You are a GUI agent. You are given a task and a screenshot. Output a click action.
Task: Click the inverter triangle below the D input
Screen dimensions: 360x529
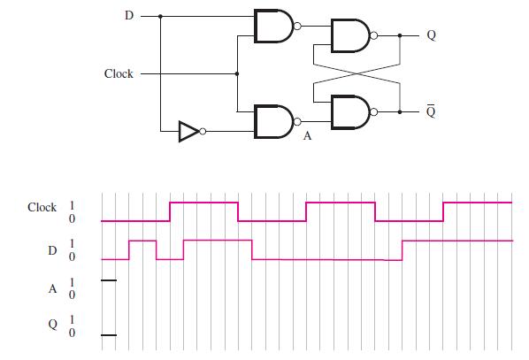pyautogui.click(x=188, y=132)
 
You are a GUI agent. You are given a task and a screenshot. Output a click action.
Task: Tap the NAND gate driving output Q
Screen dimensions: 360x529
pyautogui.click(x=349, y=36)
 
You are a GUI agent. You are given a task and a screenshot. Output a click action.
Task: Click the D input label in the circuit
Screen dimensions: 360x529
pyautogui.click(x=127, y=16)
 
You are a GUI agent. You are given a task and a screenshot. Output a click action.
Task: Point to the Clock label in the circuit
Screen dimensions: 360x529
pyautogui.click(x=119, y=73)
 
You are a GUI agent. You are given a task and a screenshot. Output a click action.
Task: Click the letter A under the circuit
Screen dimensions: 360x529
pyautogui.click(x=308, y=138)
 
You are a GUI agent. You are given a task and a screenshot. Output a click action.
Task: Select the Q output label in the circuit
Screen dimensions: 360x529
pyautogui.click(x=431, y=36)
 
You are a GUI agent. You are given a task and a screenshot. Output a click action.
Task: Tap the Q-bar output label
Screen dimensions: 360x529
pyautogui.click(x=431, y=111)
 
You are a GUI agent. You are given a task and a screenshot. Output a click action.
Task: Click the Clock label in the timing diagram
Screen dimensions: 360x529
pyautogui.click(x=42, y=208)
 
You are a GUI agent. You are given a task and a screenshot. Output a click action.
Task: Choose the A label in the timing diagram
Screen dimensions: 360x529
pyautogui.click(x=52, y=287)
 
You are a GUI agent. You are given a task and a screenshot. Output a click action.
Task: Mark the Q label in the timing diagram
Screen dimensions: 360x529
pyautogui.click(x=52, y=326)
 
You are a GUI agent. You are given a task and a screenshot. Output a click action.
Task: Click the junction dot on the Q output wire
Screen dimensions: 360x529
pyautogui.click(x=400, y=36)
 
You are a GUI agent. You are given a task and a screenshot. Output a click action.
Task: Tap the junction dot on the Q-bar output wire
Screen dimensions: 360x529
pyautogui.click(x=400, y=111)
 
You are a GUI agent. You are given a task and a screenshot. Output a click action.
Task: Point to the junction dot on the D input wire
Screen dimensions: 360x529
pyautogui.click(x=160, y=16)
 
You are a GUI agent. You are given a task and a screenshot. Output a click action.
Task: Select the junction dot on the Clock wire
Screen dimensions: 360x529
pyautogui.click(x=237, y=73)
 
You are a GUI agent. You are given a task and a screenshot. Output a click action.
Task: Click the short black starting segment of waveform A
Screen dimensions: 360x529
pyautogui.click(x=108, y=280)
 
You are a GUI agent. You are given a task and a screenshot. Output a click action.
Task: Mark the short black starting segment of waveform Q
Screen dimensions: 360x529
pyautogui.click(x=108, y=335)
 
